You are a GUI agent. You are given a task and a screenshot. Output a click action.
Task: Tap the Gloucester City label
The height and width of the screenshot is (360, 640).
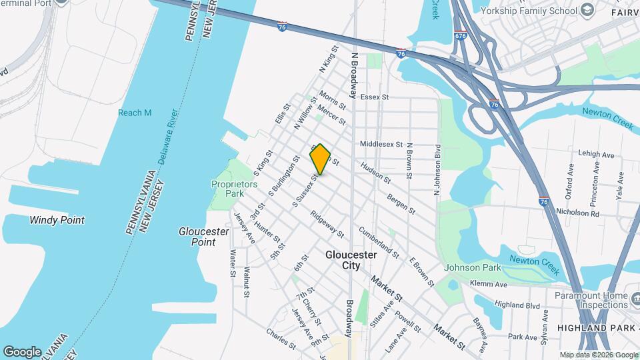(x=351, y=260)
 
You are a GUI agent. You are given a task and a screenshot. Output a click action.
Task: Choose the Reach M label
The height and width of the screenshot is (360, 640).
(x=135, y=113)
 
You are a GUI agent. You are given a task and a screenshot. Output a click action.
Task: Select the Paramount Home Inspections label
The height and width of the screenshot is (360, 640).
(x=591, y=300)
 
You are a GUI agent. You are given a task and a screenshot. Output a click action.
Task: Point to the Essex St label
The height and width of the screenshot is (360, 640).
(x=374, y=97)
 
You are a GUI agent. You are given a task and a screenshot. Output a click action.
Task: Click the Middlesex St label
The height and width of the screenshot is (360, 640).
(x=381, y=143)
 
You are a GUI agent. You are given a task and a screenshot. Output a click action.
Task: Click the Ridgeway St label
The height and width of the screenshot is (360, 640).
(x=327, y=225)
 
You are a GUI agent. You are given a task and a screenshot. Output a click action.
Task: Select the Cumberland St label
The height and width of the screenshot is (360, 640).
(x=379, y=242)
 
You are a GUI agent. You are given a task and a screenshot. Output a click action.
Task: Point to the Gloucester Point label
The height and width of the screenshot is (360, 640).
(x=204, y=237)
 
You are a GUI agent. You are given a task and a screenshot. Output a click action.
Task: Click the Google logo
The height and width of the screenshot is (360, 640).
(x=22, y=351)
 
